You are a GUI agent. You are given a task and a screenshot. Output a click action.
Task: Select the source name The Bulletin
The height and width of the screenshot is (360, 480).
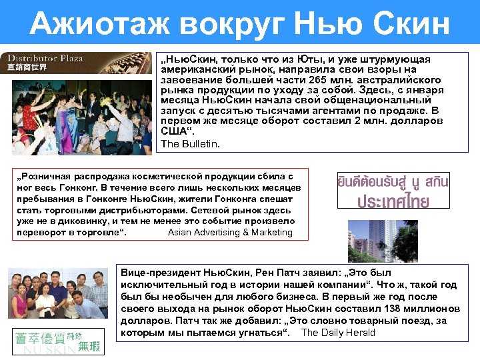click(190, 143)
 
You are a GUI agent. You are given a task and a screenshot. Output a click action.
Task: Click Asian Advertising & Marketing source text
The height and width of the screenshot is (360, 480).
click(230, 232)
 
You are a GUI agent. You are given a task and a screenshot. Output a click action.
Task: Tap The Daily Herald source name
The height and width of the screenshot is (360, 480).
click(338, 332)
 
